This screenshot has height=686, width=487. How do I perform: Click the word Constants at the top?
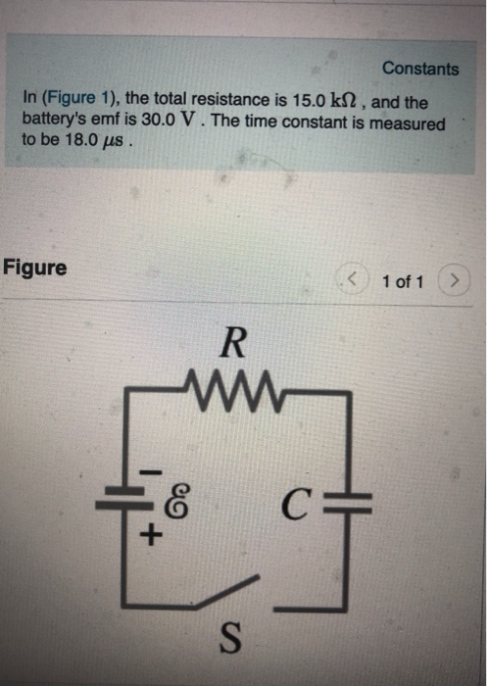419,69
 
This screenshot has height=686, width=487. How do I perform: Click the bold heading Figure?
35,267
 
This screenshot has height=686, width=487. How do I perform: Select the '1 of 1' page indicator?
403,282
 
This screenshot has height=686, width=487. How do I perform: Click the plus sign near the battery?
151,538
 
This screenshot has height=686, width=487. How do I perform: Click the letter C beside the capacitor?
302,508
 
